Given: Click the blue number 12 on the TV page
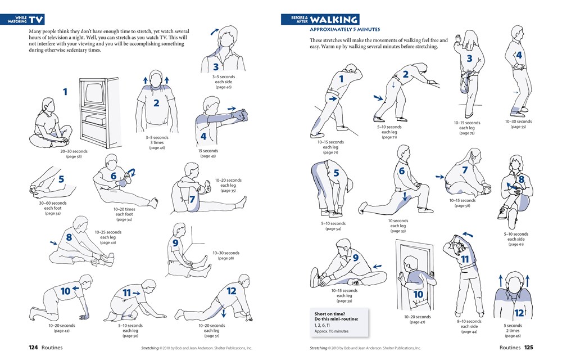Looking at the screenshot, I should (x=231, y=292).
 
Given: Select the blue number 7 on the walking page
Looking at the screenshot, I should (x=465, y=170).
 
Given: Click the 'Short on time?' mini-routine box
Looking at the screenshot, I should (x=339, y=322).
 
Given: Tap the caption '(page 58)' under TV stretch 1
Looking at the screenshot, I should (x=74, y=156).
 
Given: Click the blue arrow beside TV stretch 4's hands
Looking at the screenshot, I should (x=230, y=107).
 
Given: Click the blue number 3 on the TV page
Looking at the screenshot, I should (x=200, y=67).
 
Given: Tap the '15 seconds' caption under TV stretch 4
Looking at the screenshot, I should (x=208, y=150).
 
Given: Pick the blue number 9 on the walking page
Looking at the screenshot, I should (x=356, y=258).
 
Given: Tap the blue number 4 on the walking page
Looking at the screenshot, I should (x=519, y=55).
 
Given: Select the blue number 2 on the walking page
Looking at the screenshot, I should (x=405, y=74).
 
